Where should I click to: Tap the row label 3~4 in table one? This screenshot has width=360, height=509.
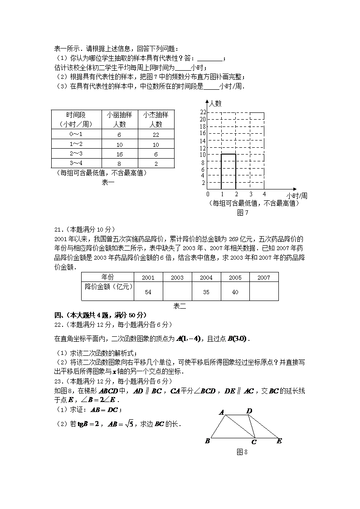(76, 164)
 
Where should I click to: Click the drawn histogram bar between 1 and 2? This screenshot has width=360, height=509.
(229, 171)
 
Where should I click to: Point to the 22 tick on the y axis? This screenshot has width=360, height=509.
(203, 112)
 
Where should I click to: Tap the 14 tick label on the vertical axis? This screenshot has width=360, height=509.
(203, 141)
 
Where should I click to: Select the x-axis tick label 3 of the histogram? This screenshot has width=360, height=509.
(250, 194)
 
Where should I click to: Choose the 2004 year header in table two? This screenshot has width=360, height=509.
(206, 277)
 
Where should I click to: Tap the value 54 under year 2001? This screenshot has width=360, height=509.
(148, 292)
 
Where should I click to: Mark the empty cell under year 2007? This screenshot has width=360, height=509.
(264, 291)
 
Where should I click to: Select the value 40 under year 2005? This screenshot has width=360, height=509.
(235, 292)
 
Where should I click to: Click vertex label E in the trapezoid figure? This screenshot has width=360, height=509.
(279, 441)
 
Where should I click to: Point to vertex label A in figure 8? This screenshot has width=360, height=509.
(222, 412)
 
